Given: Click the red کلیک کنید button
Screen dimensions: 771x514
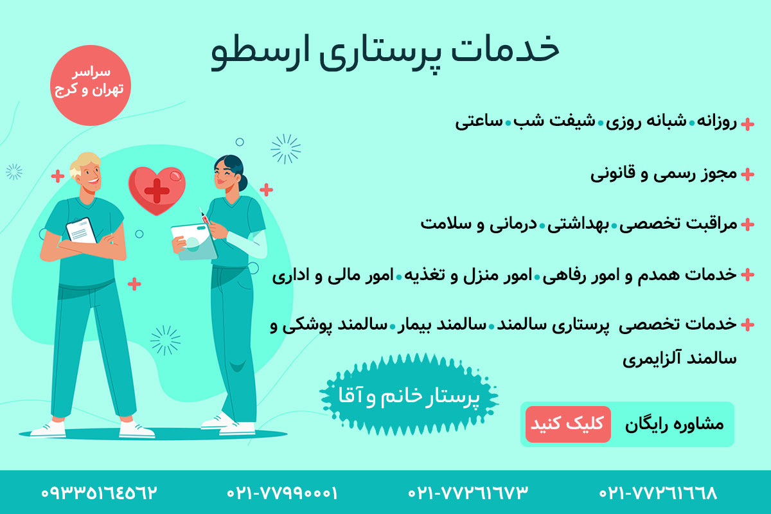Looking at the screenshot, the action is pyautogui.click(x=568, y=424).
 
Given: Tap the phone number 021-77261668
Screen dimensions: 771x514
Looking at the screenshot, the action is pyautogui.click(x=658, y=493).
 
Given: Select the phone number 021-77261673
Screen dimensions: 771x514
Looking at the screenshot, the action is pyautogui.click(x=468, y=493).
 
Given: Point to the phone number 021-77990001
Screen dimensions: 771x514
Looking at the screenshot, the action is pyautogui.click(x=282, y=493).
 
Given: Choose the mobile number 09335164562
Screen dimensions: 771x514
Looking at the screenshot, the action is pyautogui.click(x=99, y=493).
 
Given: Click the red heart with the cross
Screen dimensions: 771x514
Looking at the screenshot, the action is pyautogui.click(x=157, y=190).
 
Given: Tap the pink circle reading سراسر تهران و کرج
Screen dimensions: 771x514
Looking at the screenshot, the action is pyautogui.click(x=91, y=85).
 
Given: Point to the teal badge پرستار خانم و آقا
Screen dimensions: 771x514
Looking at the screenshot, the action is pyautogui.click(x=409, y=395).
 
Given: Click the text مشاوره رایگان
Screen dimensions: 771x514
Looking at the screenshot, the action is pyautogui.click(x=674, y=425).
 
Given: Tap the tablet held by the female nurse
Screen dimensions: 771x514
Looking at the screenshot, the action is pyautogui.click(x=194, y=242).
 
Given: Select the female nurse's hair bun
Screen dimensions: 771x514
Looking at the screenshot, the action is pyautogui.click(x=243, y=182).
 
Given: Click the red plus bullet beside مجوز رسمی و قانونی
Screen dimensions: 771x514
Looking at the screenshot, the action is pyautogui.click(x=747, y=174).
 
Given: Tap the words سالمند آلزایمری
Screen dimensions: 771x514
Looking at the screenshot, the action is pyautogui.click(x=680, y=359).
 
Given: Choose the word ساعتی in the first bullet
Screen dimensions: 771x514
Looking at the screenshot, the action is pyautogui.click(x=479, y=122).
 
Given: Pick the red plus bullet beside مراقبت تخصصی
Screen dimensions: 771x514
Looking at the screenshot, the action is pyautogui.click(x=747, y=224).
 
